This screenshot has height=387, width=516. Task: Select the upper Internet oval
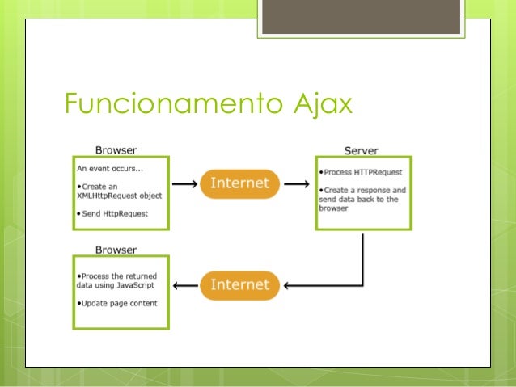coord(239,183)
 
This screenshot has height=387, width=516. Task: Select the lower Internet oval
coord(239,284)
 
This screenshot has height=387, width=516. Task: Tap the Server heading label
coord(361,150)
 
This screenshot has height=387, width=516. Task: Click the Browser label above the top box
coord(116,149)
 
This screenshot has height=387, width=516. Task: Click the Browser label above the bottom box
coord(116,250)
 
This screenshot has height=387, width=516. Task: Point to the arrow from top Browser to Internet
coord(184,184)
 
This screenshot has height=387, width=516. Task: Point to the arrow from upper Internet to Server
coord(297,184)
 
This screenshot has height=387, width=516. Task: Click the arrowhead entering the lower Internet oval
coord(290,285)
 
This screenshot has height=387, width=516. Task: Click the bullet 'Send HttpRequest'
coord(114,212)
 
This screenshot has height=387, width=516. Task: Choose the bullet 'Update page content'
coord(117,303)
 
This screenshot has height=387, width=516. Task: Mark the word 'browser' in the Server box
coord(333,208)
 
